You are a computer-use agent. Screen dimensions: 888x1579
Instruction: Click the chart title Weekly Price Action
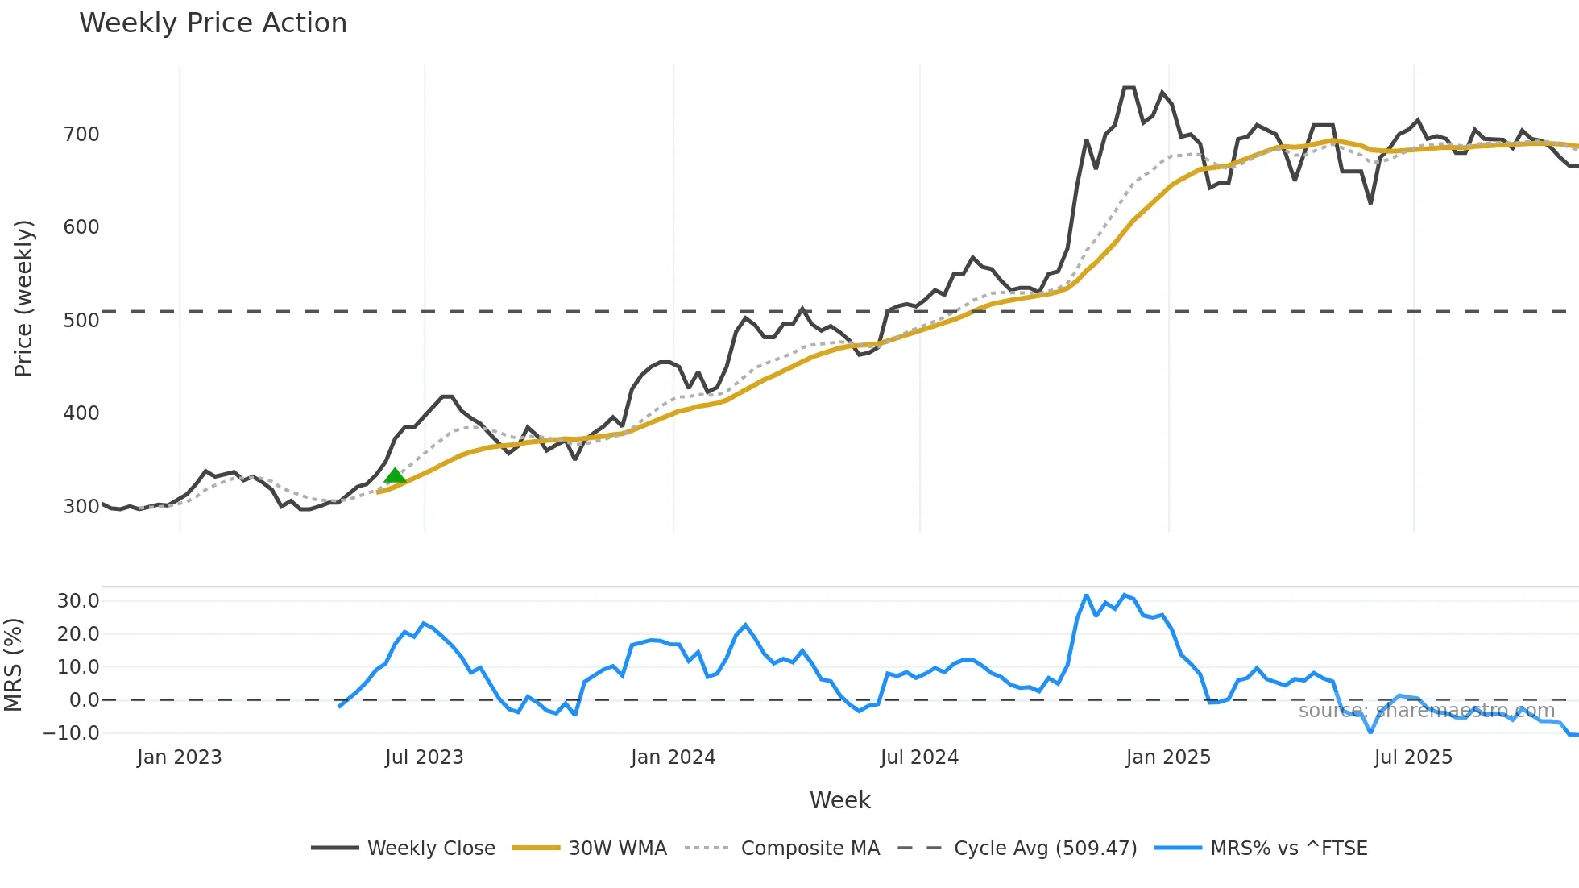click(x=213, y=23)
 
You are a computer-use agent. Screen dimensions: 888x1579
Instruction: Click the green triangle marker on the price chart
click(x=395, y=475)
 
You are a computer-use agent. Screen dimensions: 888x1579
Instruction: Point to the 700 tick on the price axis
click(x=81, y=135)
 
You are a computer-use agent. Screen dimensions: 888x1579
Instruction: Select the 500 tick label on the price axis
click(x=81, y=320)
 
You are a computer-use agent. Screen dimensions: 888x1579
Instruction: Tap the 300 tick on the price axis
click(x=81, y=506)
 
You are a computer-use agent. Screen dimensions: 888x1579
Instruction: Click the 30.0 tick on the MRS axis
click(x=78, y=600)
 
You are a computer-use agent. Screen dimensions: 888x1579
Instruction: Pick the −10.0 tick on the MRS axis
click(x=71, y=733)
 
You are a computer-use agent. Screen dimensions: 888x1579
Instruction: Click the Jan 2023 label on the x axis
click(x=179, y=757)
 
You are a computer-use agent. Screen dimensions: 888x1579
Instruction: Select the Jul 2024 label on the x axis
click(x=919, y=757)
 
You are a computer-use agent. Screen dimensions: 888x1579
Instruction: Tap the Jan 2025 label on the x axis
click(x=1168, y=757)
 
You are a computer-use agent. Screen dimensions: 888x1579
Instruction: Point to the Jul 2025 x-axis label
click(x=1413, y=757)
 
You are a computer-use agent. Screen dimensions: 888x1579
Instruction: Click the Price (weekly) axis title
click(x=24, y=298)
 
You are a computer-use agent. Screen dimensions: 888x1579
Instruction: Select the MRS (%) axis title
click(x=14, y=665)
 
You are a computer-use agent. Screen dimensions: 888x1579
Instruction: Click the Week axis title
click(x=839, y=800)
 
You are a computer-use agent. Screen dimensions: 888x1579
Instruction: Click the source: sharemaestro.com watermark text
click(x=1426, y=711)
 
